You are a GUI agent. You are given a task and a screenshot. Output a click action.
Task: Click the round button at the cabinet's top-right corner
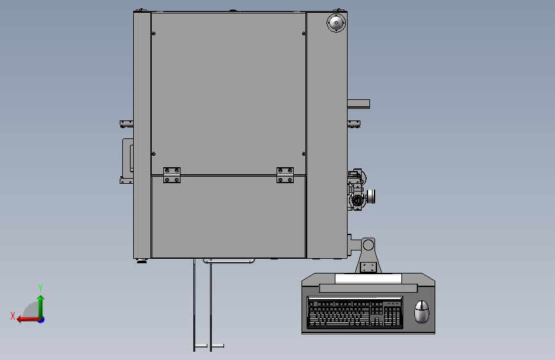coord(335,23)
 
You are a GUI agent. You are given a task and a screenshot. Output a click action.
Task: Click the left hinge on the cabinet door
coord(172,175)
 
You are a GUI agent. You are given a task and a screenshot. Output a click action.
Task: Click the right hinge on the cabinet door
coord(285,175)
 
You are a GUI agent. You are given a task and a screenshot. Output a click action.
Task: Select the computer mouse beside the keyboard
coord(421,312)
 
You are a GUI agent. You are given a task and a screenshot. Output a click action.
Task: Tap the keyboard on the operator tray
coord(355,312)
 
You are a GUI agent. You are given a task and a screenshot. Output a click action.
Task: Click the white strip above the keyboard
coord(367,278)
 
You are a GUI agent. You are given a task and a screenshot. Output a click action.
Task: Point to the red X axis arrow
coord(26,318)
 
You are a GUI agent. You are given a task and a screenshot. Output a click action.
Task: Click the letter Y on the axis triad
coord(40,288)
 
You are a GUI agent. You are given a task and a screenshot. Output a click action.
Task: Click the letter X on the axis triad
coord(13,316)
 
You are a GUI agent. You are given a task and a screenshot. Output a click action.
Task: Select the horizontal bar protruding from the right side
coord(358,103)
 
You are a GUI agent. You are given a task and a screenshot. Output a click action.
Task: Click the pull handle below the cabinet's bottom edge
coord(229,261)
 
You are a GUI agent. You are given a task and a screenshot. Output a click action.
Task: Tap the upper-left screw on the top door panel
coord(152,33)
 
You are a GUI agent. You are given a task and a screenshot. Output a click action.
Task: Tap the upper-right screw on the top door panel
coord(304,33)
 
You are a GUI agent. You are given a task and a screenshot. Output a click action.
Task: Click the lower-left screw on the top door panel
coord(152,153)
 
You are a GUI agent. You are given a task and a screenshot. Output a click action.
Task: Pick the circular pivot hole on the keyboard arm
coord(368,245)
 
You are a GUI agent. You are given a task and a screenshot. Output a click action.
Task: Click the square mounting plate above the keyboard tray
coord(367,266)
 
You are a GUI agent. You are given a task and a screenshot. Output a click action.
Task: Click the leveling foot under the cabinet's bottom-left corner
coord(141,261)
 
